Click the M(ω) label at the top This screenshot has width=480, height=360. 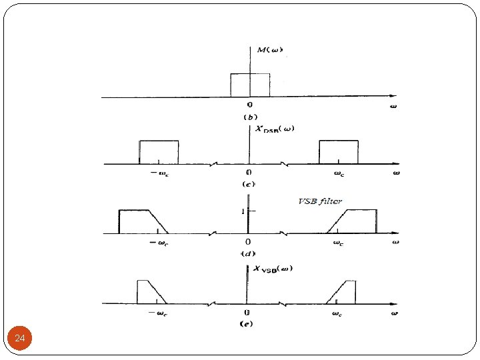coord(269,50)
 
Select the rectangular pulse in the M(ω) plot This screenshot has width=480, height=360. coord(250,85)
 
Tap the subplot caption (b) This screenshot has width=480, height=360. coord(251,117)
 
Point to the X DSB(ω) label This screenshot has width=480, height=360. coord(275,129)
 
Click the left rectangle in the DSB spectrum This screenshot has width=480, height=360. coord(159,152)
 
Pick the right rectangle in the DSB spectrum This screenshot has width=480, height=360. coord(339,152)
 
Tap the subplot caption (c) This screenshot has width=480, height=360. coord(250,183)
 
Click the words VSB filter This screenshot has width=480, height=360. coord(320,201)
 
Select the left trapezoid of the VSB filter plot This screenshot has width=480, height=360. coord(140,221)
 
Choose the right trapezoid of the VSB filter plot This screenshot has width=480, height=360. coord(355,221)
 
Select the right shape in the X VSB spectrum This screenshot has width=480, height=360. coord(343,293)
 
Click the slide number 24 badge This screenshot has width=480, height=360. coord(20,339)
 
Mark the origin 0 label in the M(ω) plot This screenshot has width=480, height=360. coord(250,105)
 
